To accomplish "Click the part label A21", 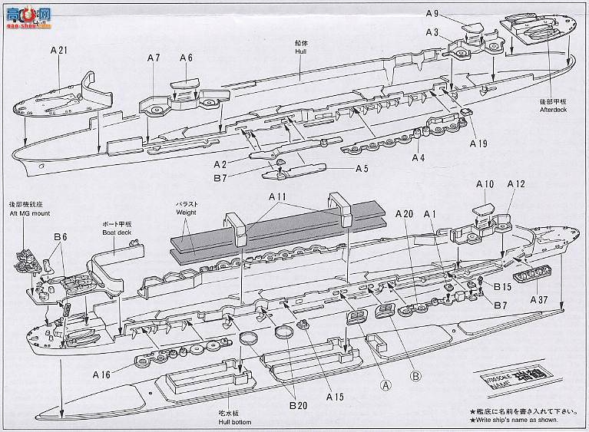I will tap(60, 51).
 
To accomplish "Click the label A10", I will tap(485, 184).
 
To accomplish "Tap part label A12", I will tap(516, 184).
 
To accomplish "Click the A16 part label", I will tap(103, 375).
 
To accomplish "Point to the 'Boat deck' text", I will tap(119, 230).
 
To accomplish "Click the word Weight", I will tap(187, 212).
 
